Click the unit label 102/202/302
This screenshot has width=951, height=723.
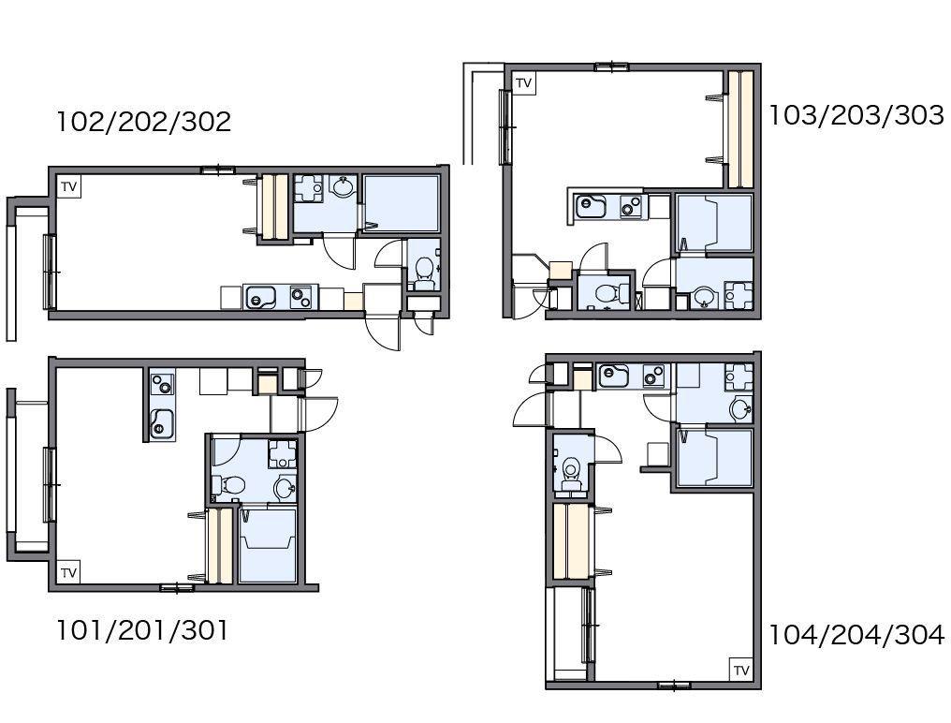click(144, 122)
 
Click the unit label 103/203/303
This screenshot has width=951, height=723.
click(856, 115)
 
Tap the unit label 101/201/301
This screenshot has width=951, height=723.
click(142, 630)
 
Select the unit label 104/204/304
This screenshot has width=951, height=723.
click(856, 635)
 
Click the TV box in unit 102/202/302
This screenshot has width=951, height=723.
click(69, 186)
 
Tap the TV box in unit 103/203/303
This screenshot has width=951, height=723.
click(523, 82)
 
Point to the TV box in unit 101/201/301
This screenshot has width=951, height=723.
click(69, 572)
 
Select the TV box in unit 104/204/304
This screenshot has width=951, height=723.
click(741, 670)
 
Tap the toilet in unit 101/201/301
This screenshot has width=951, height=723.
click(229, 485)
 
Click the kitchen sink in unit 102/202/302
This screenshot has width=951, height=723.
click(260, 298)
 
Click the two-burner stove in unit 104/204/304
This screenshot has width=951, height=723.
click(653, 376)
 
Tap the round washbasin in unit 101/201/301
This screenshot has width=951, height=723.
click(285, 488)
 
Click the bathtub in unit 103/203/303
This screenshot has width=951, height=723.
click(714, 223)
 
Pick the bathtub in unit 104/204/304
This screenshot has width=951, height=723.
click(714, 458)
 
